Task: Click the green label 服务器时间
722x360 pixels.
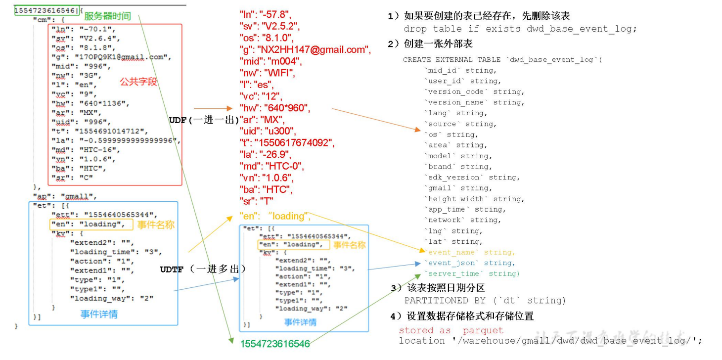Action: click(107, 16)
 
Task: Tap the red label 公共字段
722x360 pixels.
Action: click(138, 82)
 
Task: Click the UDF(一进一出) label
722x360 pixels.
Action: click(204, 120)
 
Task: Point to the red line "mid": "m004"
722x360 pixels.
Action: click(270, 61)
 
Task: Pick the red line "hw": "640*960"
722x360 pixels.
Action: click(275, 108)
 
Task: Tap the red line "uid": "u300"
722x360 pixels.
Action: click(267, 131)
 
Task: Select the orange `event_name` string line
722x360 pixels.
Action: click(469, 252)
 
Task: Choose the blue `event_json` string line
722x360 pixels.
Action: click(469, 263)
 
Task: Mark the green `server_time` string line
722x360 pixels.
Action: click(472, 273)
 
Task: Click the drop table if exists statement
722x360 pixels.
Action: click(520, 29)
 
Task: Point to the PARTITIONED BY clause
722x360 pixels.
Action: click(485, 300)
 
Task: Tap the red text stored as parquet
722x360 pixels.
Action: click(451, 330)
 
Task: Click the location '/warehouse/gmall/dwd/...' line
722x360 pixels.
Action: click(550, 341)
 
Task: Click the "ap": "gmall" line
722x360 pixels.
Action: click(65, 196)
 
